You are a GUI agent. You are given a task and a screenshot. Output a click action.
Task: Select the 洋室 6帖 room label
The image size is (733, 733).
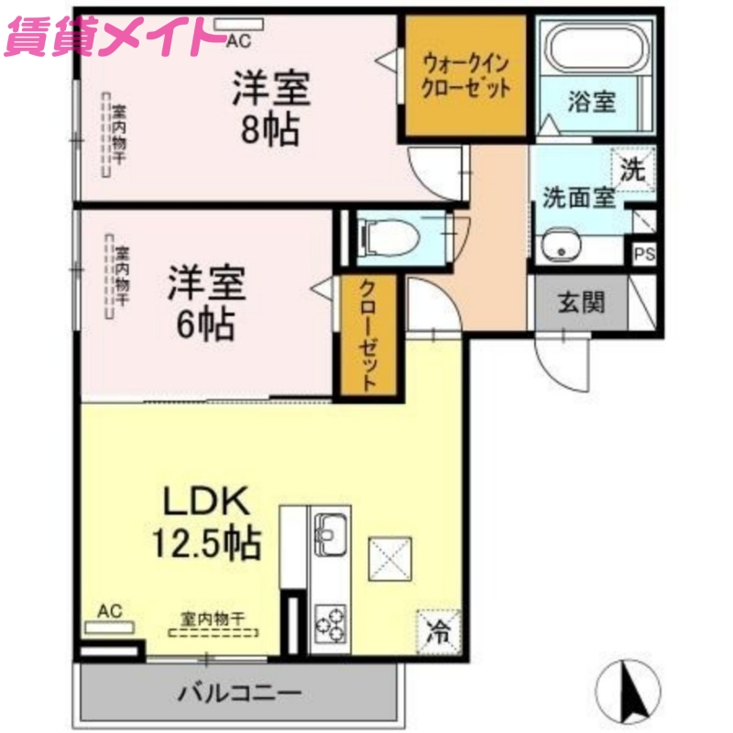point(206,301)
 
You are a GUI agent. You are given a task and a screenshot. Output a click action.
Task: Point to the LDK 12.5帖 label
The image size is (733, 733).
point(206,522)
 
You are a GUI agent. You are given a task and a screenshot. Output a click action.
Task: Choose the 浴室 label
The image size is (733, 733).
point(590,102)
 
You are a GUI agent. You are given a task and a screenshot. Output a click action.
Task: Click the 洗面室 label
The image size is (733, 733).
point(578,196)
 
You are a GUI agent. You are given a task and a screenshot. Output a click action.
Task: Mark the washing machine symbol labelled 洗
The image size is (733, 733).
point(633,169)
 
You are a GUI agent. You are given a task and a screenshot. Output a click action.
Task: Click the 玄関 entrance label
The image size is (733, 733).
point(581,301)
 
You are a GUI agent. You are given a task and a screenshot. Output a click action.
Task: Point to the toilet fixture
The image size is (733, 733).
point(390,237)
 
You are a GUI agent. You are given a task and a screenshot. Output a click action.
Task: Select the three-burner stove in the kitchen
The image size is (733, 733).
point(329,622)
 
